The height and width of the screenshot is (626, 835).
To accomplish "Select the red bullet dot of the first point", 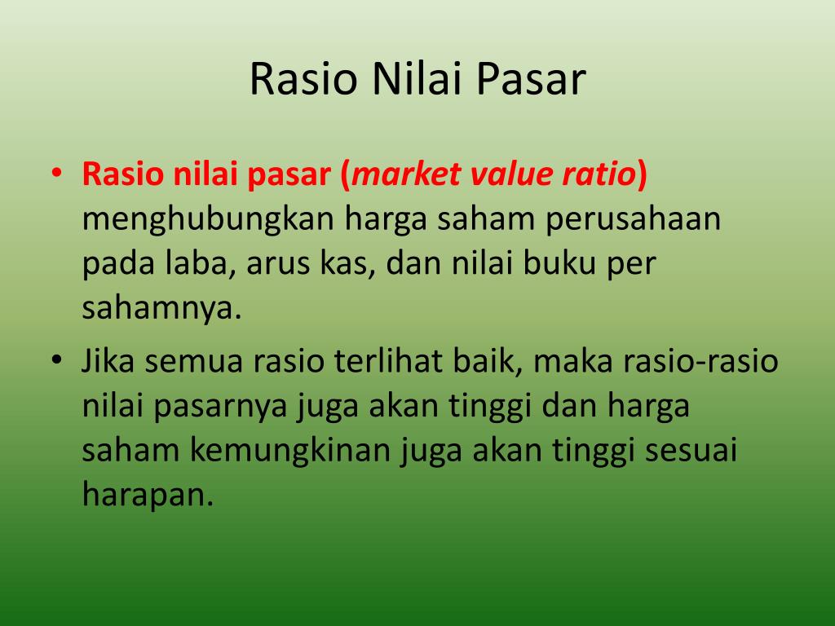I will (55, 174).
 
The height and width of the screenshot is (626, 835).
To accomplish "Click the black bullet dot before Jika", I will (55, 360).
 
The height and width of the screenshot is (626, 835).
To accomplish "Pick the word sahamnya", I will (161, 311).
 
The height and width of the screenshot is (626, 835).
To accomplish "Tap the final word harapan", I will (147, 496).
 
